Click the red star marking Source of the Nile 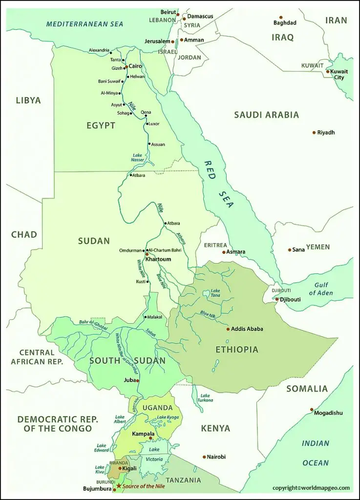tap(119, 486)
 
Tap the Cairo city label tap(135, 66)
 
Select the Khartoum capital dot tap(147, 254)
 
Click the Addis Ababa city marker tap(228, 329)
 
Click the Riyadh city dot tap(314, 133)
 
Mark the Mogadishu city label tap(328, 413)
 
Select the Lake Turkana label tap(205, 398)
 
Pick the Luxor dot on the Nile tap(147, 124)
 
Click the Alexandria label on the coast tap(99, 50)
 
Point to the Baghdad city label tap(285, 23)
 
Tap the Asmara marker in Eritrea tap(224, 252)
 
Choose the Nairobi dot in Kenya tap(204, 457)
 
